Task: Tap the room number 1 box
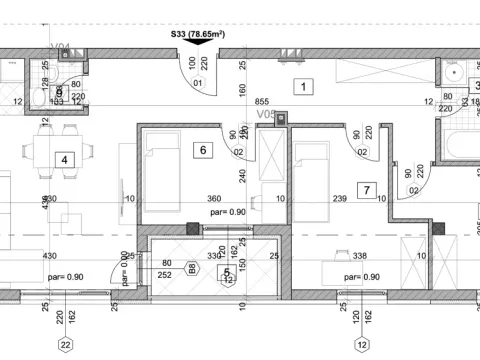[x=300, y=86]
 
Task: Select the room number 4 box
[x=64, y=159]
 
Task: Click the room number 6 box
[x=203, y=150]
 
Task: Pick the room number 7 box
[x=367, y=189]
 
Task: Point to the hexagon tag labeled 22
[x=66, y=345]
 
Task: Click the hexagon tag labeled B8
[x=191, y=269]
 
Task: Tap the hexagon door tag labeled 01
[x=198, y=83]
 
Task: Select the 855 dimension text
[x=263, y=102]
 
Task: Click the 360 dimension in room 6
[x=214, y=199]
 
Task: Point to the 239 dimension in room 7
[x=339, y=199]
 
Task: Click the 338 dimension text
[x=361, y=256]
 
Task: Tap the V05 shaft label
[x=266, y=115]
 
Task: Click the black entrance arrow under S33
[x=192, y=42]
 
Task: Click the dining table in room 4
[x=43, y=156]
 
